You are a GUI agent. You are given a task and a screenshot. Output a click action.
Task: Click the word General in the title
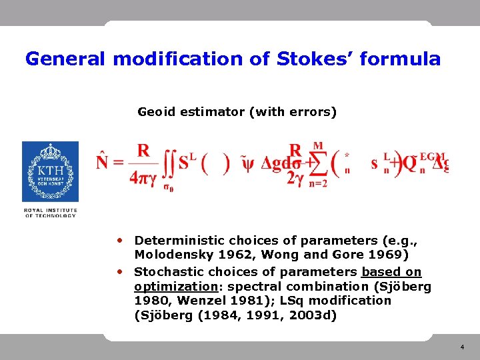[x=65, y=59]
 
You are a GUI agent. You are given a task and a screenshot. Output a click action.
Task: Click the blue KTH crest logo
[x=50, y=171]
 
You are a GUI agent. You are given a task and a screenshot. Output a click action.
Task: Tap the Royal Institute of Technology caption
[x=51, y=213]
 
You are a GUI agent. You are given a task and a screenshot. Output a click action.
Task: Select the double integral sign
[x=169, y=164]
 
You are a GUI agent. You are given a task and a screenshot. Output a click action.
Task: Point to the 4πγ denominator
[x=143, y=178]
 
